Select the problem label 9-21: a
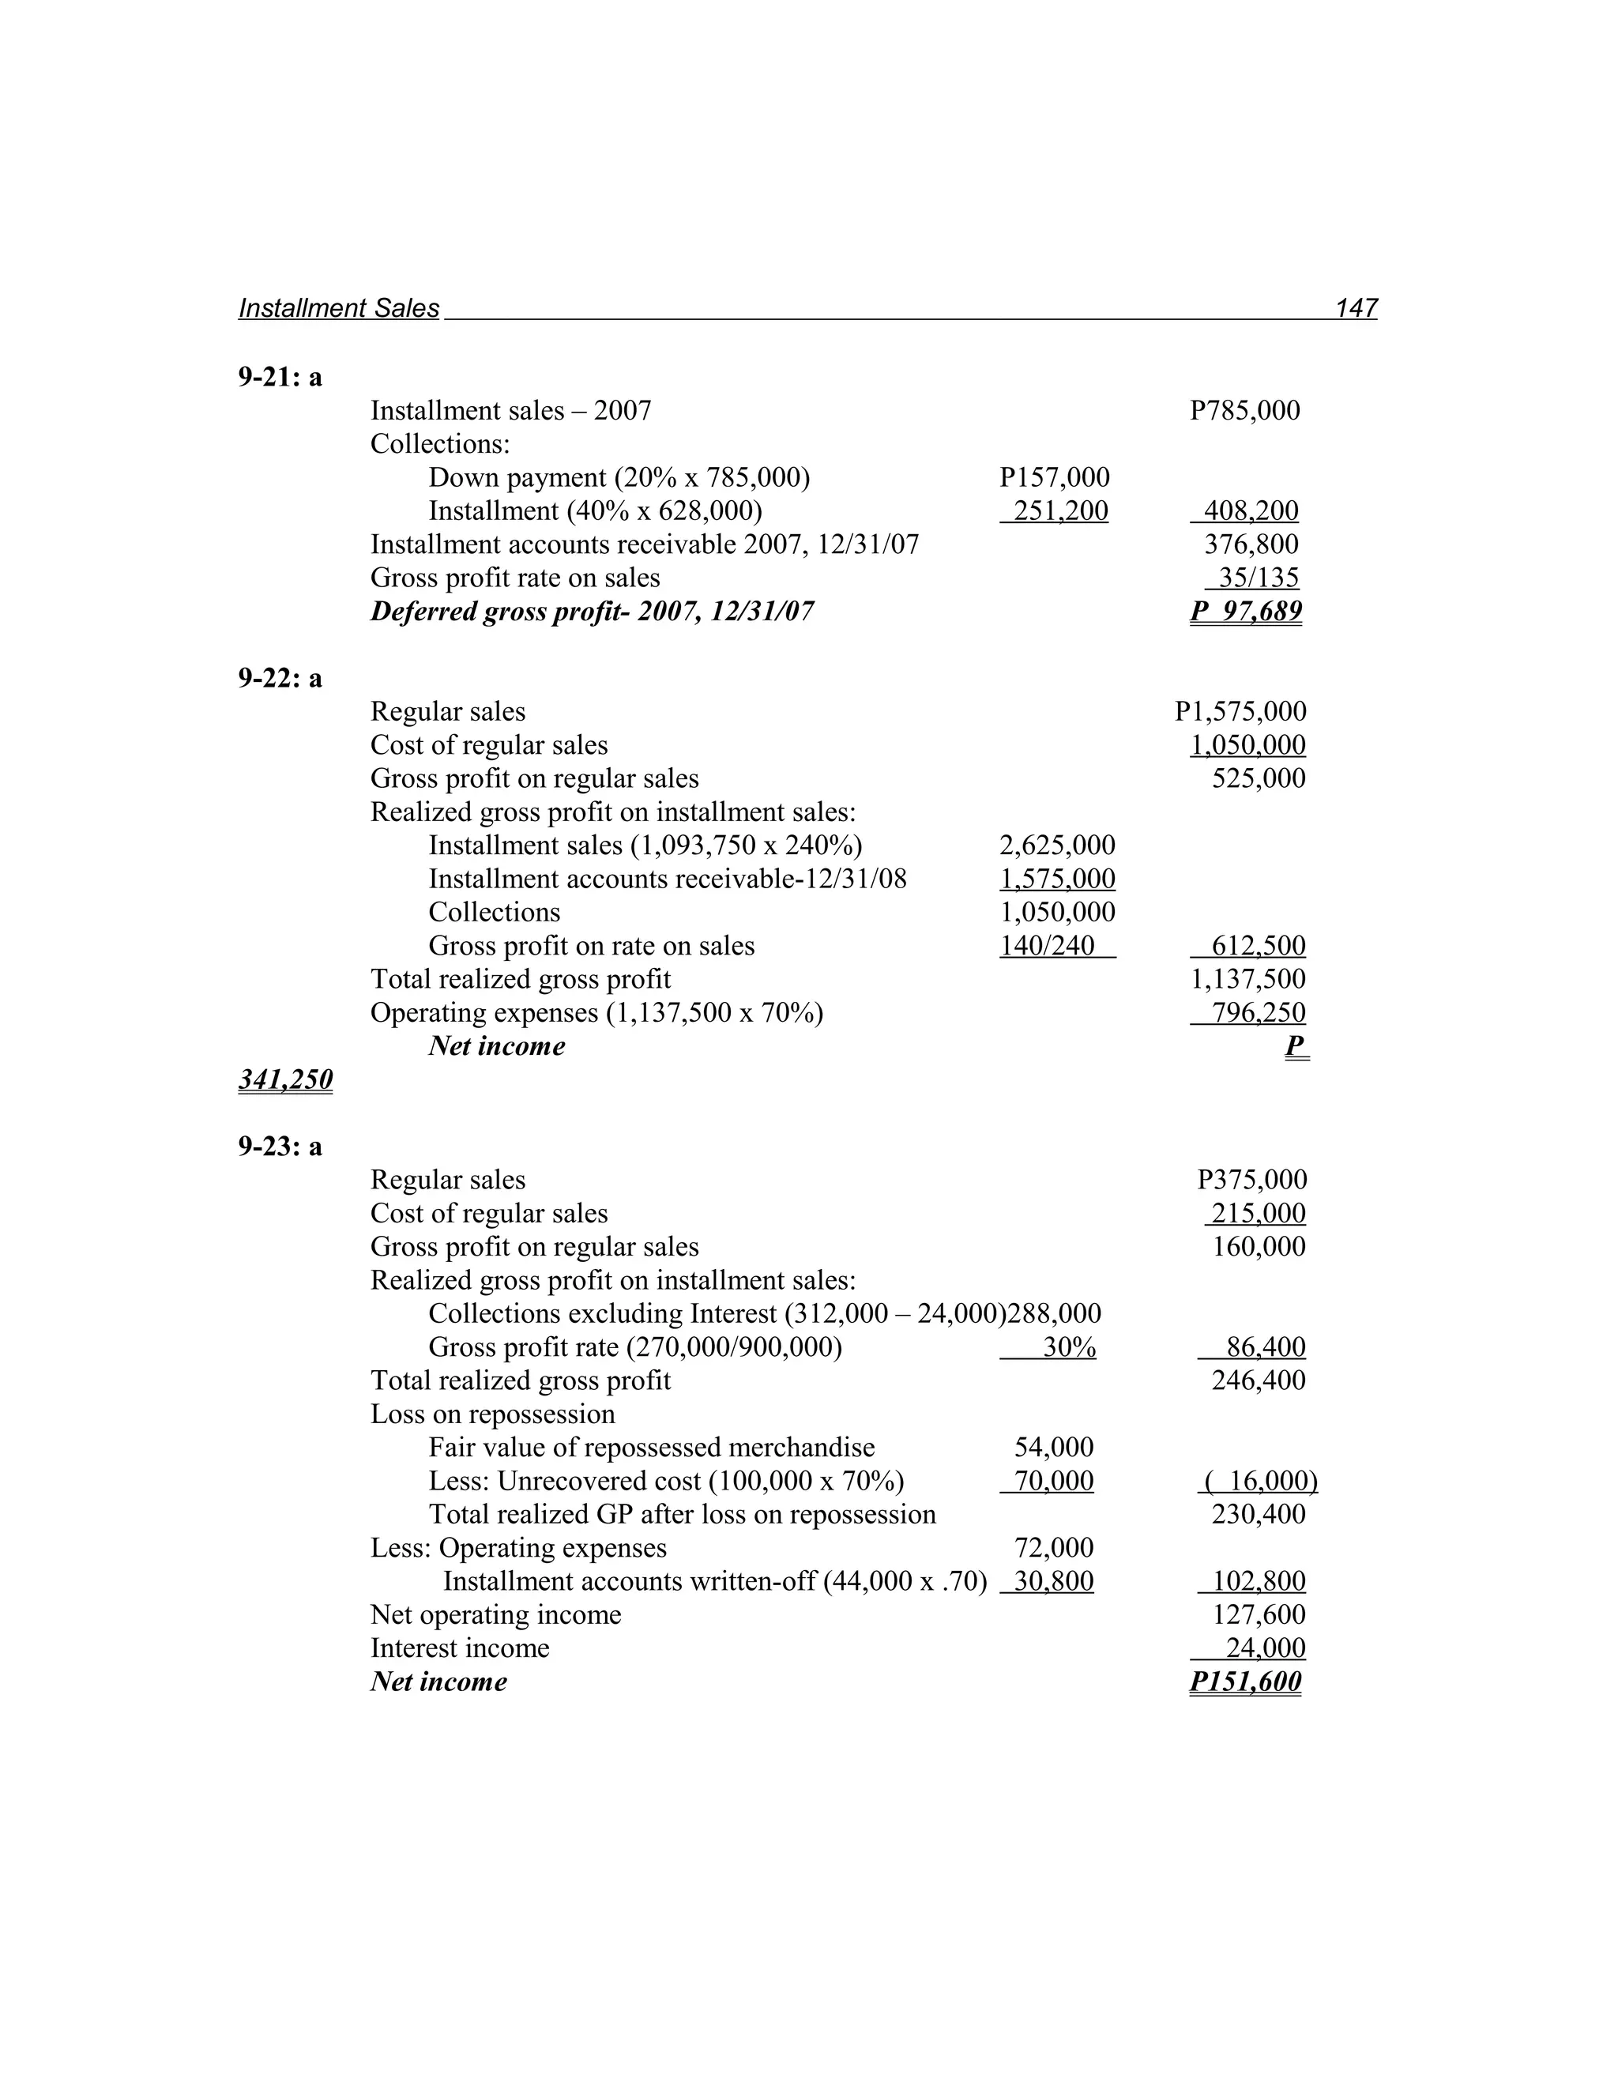(x=280, y=378)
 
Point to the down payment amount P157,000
(x=1053, y=477)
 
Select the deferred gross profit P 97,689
(x=1245, y=612)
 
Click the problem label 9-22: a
(x=280, y=679)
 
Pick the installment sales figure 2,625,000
(x=1056, y=846)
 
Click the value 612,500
(x=1258, y=947)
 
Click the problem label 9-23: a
(x=280, y=1147)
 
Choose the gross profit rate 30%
(x=1069, y=1347)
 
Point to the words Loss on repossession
(x=493, y=1414)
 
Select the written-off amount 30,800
(x=1053, y=1581)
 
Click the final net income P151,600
(x=1245, y=1682)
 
